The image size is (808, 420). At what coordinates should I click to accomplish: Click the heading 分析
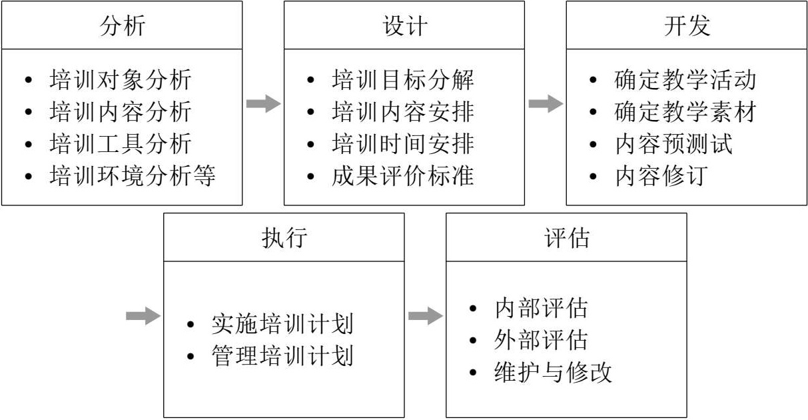pyautogui.click(x=122, y=25)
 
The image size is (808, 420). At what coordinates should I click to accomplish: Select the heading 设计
pyautogui.click(x=404, y=25)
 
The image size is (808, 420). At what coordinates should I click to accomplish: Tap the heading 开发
pyautogui.click(x=687, y=25)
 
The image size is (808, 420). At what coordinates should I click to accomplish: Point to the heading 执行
pyautogui.click(x=284, y=237)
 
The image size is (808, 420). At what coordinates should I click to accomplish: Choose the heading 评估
pyautogui.click(x=566, y=237)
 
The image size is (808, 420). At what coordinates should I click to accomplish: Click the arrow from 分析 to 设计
pyautogui.click(x=263, y=103)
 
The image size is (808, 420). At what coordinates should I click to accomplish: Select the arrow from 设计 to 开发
pyautogui.click(x=546, y=103)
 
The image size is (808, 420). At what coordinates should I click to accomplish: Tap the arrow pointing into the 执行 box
pyautogui.click(x=143, y=315)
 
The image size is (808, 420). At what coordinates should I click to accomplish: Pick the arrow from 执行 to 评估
pyautogui.click(x=425, y=315)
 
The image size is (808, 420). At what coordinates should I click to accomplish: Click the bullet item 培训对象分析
pyautogui.click(x=120, y=80)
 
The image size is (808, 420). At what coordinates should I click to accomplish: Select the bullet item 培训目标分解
pyautogui.click(x=402, y=80)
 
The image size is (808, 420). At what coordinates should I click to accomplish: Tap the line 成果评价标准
pyautogui.click(x=402, y=177)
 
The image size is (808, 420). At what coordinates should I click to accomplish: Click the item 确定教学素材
pyautogui.click(x=685, y=112)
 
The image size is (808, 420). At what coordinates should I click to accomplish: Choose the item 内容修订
pyautogui.click(x=659, y=177)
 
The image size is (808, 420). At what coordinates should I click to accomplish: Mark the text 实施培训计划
pyautogui.click(x=282, y=324)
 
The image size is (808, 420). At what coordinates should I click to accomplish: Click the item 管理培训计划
pyautogui.click(x=282, y=355)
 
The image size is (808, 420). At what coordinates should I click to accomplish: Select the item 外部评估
pyautogui.click(x=541, y=340)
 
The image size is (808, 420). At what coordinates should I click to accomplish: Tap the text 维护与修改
pyautogui.click(x=553, y=372)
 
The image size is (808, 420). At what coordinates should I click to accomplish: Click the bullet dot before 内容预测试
pyautogui.click(x=593, y=145)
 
